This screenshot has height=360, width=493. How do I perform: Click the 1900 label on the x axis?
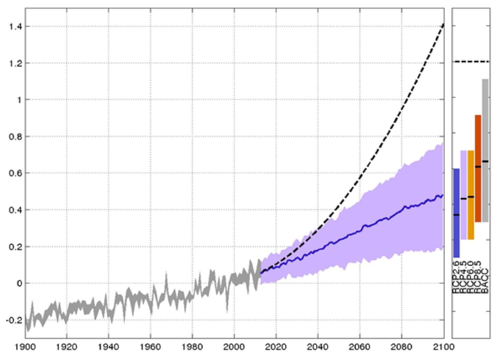25,347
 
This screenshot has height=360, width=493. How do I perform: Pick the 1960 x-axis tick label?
151,347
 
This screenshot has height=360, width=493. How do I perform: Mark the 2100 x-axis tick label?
444,347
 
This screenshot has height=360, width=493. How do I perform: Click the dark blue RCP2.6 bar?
456,233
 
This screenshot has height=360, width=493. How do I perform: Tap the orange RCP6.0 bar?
471,217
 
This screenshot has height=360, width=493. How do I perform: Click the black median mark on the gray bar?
485,161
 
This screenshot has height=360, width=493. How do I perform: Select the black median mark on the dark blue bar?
456,215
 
